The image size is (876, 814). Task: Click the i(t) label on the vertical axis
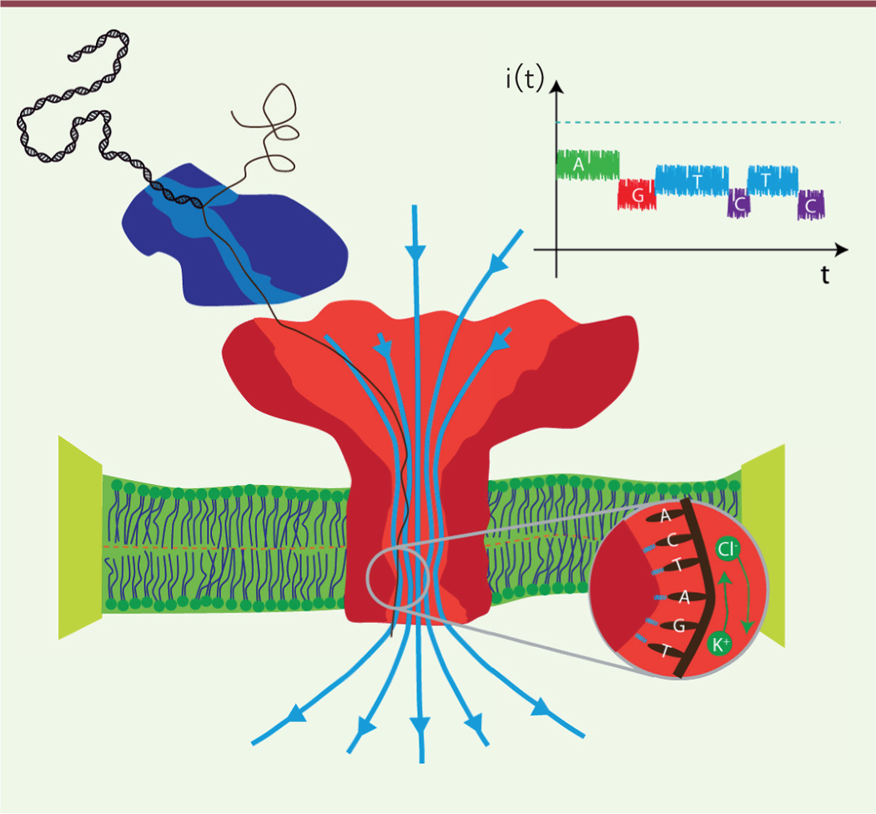pyautogui.click(x=525, y=78)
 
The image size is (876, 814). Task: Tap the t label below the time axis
pyautogui.click(x=825, y=275)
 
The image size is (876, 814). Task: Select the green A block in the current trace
pyautogui.click(x=587, y=165)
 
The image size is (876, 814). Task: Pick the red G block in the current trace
pyautogui.click(x=637, y=195)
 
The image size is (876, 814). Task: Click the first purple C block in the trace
pyautogui.click(x=738, y=203)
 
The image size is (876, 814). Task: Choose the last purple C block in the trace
pyautogui.click(x=811, y=205)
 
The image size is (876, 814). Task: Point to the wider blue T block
pyautogui.click(x=692, y=180)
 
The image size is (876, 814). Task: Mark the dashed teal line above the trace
pyautogui.click(x=698, y=122)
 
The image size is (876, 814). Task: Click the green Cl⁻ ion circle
pyautogui.click(x=727, y=549)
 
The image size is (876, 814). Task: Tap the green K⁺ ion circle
pyautogui.click(x=719, y=644)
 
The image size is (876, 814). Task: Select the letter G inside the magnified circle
pyautogui.click(x=679, y=625)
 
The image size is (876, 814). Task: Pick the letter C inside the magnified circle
pyautogui.click(x=672, y=540)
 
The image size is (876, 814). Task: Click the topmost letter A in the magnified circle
pyautogui.click(x=665, y=515)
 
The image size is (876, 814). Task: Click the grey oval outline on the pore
pyautogui.click(x=398, y=578)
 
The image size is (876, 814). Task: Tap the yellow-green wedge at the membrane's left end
pyautogui.click(x=80, y=538)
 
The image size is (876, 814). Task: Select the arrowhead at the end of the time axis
pyautogui.click(x=841, y=250)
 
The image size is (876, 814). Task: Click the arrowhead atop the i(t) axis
pyautogui.click(x=556, y=86)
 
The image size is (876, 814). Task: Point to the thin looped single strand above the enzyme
pyautogui.click(x=265, y=129)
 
